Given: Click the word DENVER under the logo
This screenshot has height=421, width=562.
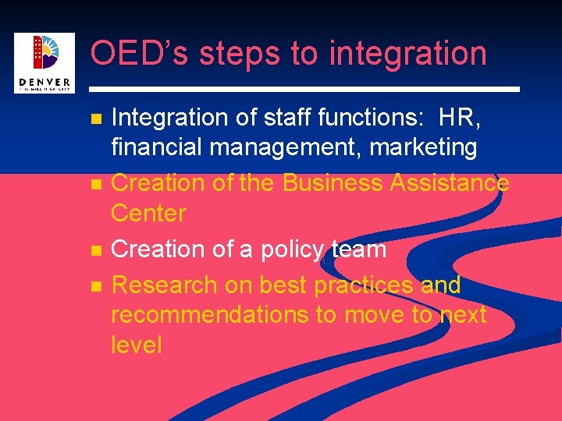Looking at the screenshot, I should coord(44,83).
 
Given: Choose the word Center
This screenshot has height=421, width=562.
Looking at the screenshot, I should coord(148,213).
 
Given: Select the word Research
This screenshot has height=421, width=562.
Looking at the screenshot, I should coord(163,285).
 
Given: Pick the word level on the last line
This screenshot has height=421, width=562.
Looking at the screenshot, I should coord(136,345).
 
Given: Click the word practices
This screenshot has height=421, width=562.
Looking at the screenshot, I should coord(364,286).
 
